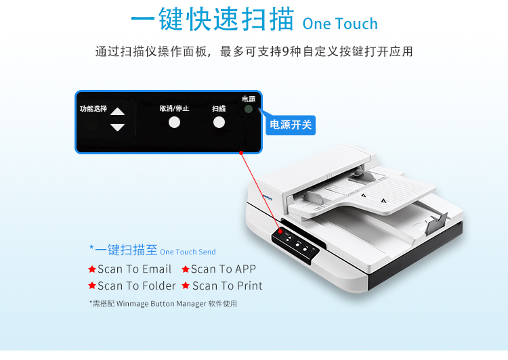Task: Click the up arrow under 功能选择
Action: (x=117, y=112)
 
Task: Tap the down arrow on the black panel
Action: (x=117, y=127)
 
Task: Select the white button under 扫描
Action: (x=219, y=122)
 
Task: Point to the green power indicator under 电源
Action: (x=249, y=109)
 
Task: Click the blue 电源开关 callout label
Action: (x=291, y=125)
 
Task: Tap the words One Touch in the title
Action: (x=340, y=24)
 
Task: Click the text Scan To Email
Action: (x=135, y=269)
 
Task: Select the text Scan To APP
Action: (x=224, y=269)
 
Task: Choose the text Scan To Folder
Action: (x=137, y=286)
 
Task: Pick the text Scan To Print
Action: (x=228, y=286)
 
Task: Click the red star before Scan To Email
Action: (x=92, y=269)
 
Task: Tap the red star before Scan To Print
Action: (x=186, y=286)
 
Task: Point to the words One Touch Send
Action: (x=188, y=252)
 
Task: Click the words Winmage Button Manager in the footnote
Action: (x=161, y=304)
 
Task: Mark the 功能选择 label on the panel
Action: (x=93, y=108)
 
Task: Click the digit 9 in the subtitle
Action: (x=285, y=51)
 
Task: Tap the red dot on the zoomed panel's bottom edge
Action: (x=241, y=153)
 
